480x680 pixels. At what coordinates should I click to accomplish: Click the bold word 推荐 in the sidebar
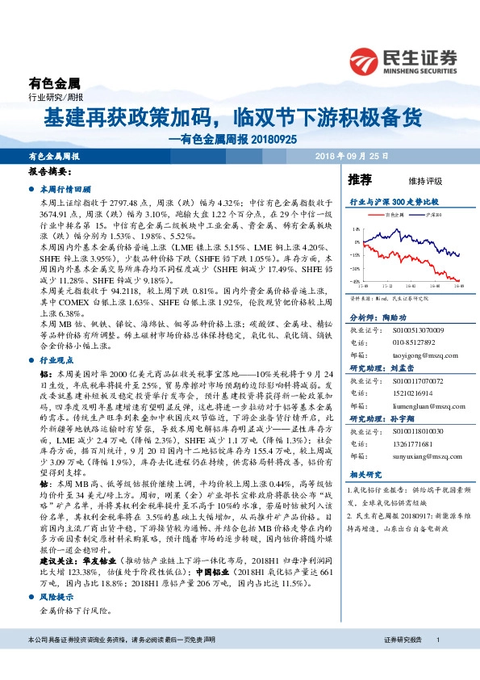(360, 178)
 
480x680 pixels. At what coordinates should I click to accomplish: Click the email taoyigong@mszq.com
(415, 353)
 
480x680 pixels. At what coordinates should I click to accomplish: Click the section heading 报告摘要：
(50, 173)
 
